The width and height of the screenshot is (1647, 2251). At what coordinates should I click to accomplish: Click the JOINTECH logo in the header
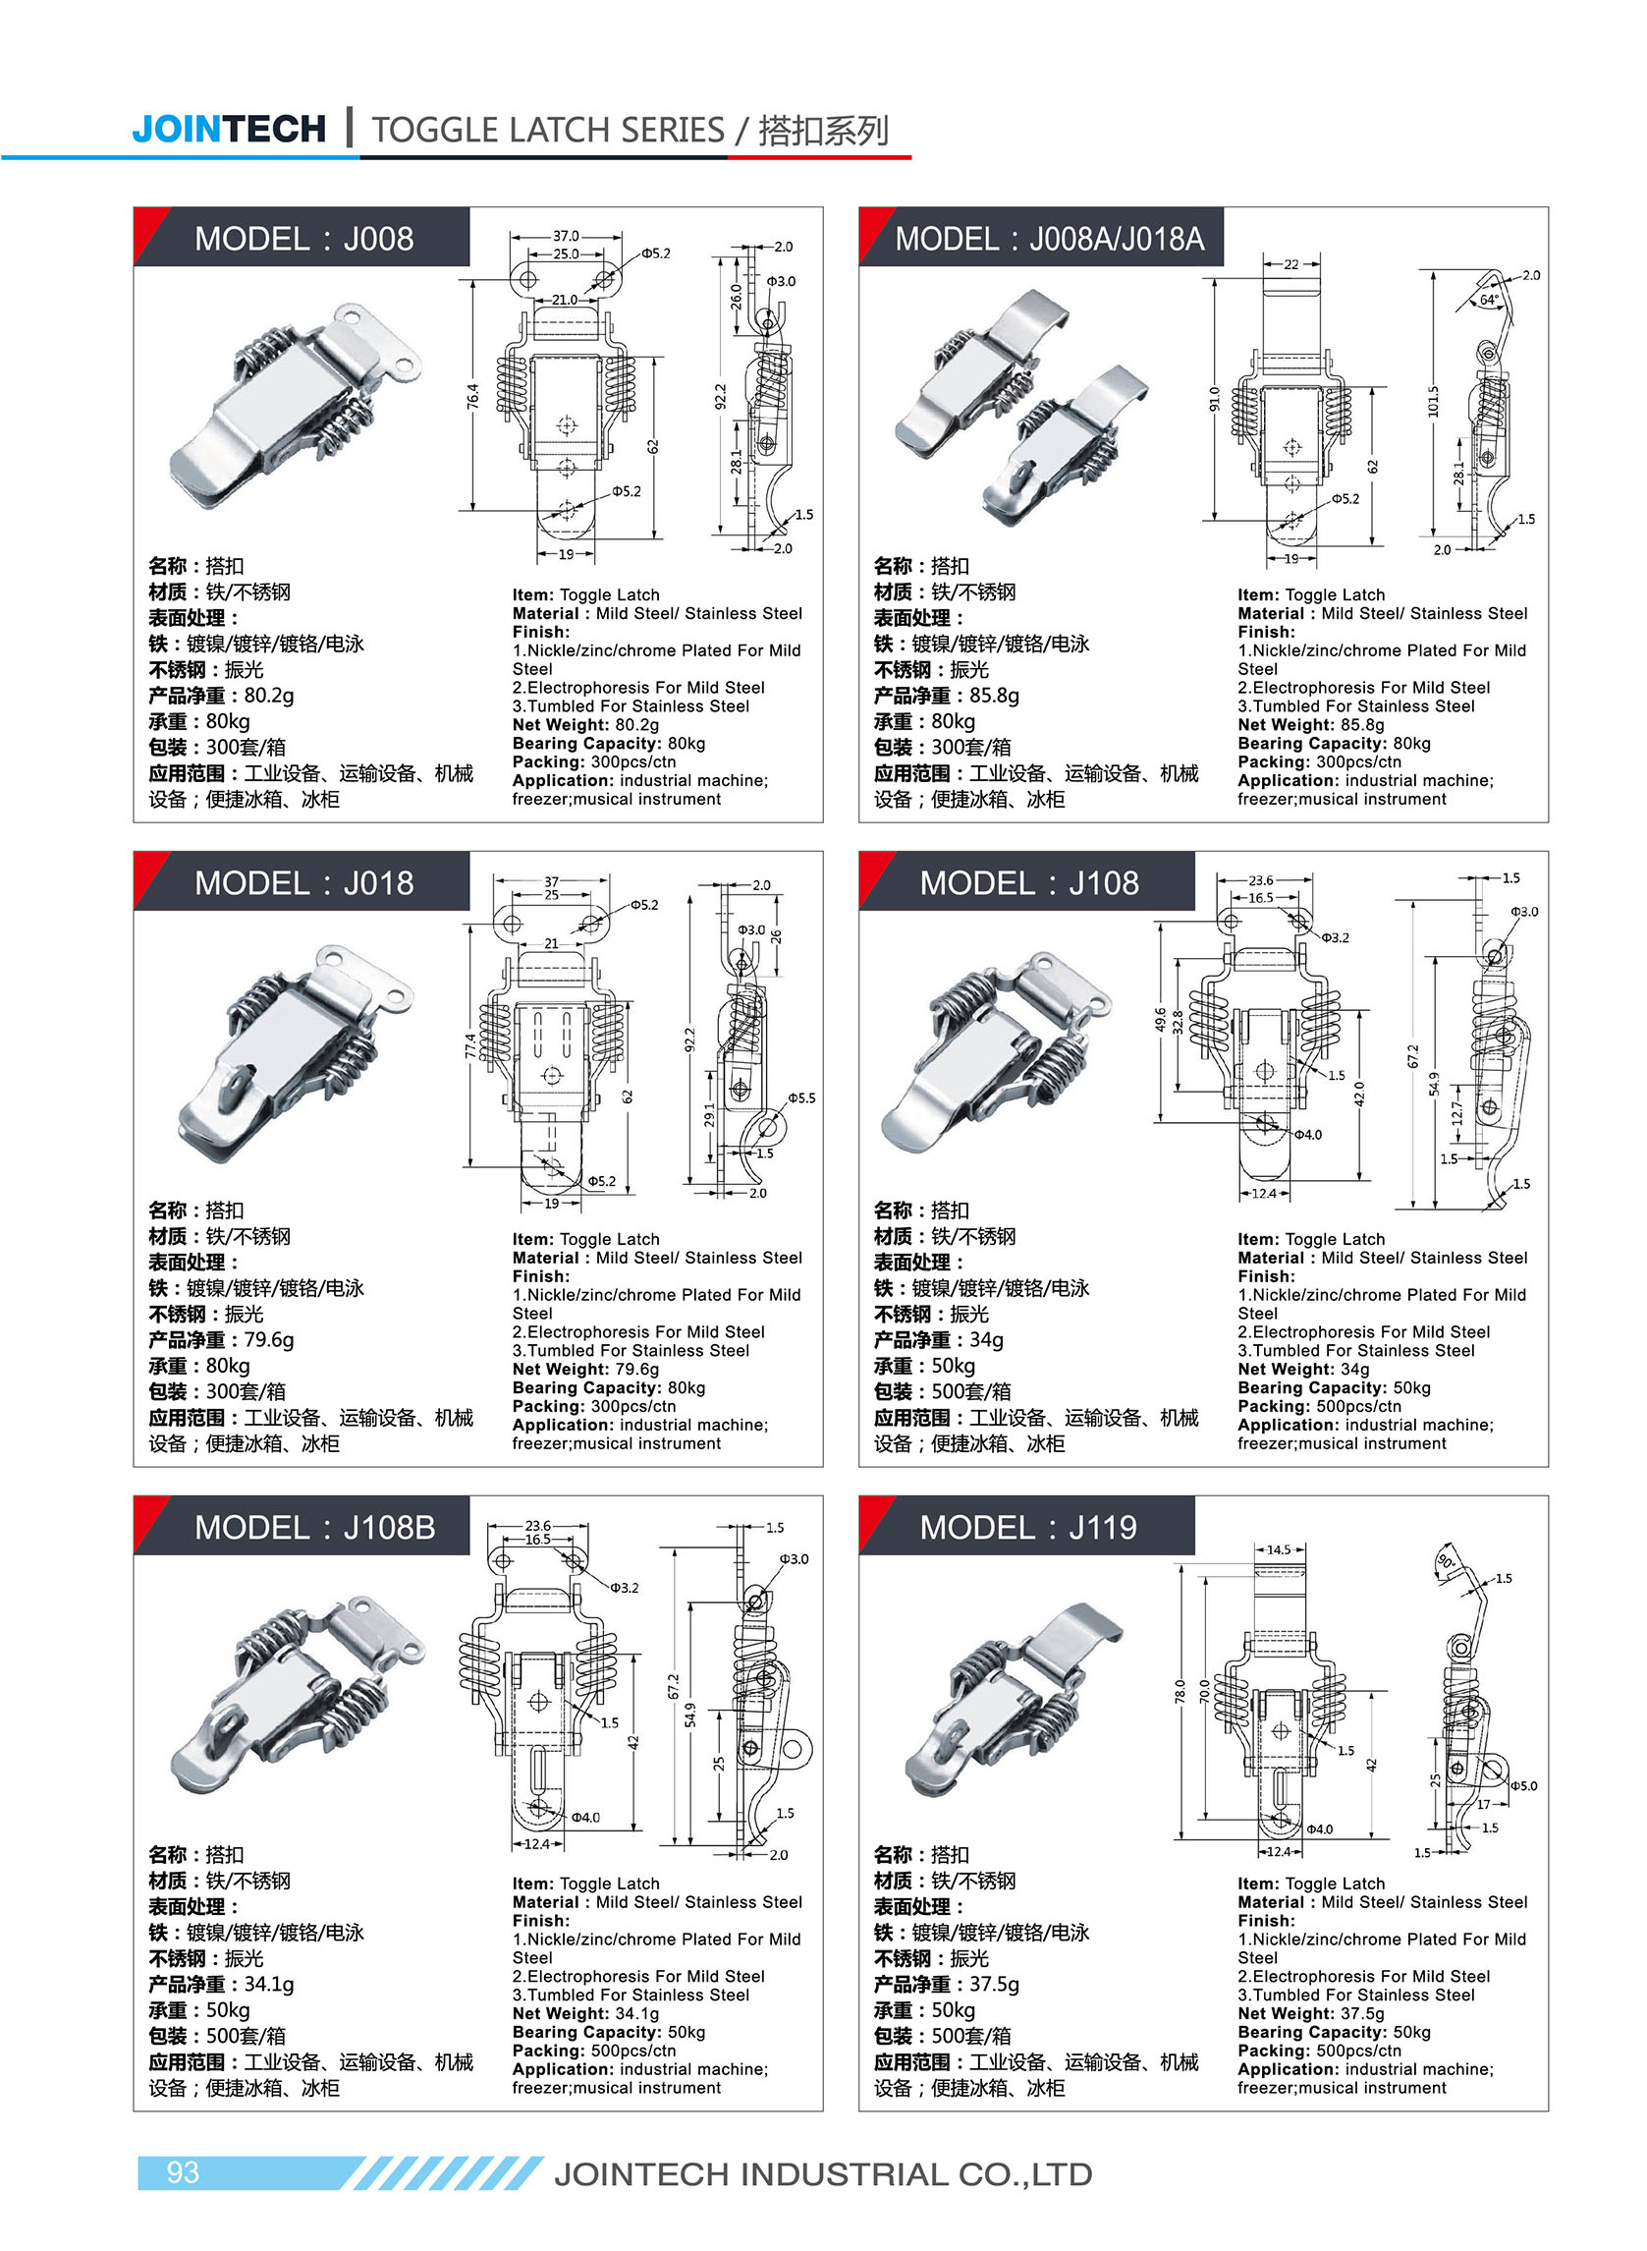pyautogui.click(x=228, y=129)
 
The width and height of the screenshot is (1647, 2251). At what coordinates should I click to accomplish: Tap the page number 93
pyautogui.click(x=183, y=2172)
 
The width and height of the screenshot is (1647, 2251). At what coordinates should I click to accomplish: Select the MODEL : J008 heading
pyautogui.click(x=303, y=239)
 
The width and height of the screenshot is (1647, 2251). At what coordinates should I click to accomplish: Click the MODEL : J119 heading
pyautogui.click(x=1027, y=1527)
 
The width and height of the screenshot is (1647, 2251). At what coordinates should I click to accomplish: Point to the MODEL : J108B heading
pyautogui.click(x=314, y=1527)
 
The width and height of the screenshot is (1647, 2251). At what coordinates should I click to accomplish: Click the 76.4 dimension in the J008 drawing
pyautogui.click(x=472, y=395)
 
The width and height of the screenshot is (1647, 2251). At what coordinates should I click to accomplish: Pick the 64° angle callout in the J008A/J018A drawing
pyautogui.click(x=1488, y=300)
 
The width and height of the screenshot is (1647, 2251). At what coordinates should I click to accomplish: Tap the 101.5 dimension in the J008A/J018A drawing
pyautogui.click(x=1433, y=401)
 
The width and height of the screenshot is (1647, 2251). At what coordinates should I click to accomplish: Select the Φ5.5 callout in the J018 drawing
pyautogui.click(x=801, y=1097)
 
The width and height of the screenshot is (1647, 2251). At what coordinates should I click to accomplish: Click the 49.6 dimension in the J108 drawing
pyautogui.click(x=1160, y=1019)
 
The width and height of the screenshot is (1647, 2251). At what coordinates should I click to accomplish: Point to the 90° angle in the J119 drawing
pyautogui.click(x=1445, y=1562)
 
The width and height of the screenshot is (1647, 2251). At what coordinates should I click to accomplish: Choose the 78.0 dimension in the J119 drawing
pyautogui.click(x=1180, y=1692)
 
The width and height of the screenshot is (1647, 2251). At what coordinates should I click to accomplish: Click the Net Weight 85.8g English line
pyautogui.click(x=1310, y=725)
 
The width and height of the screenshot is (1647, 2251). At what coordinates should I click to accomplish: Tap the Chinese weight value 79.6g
pyautogui.click(x=268, y=1339)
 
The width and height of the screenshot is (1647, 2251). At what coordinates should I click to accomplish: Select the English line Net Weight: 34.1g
pyautogui.click(x=585, y=2013)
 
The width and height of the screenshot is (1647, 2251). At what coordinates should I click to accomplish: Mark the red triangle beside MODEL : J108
pyautogui.click(x=872, y=871)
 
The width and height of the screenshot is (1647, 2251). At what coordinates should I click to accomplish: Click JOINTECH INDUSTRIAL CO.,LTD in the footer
pyautogui.click(x=822, y=2174)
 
